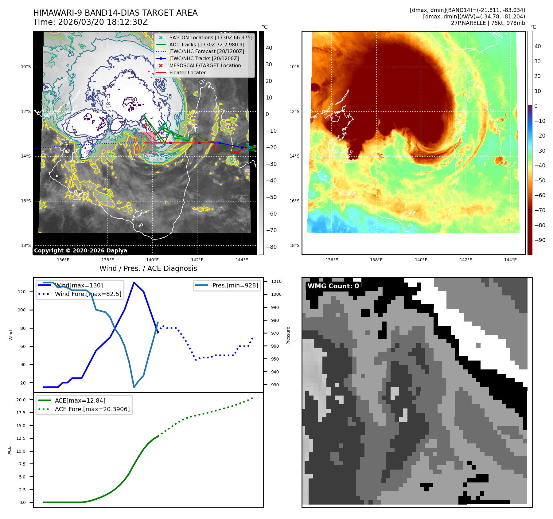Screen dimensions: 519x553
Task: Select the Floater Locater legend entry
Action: pos(187,72)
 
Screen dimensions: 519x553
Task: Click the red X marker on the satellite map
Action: pos(145,127)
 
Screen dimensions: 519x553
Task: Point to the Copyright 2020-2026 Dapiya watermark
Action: pos(80,251)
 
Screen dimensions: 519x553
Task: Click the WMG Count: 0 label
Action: pos(333,286)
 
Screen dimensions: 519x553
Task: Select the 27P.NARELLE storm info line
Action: pos(488,23)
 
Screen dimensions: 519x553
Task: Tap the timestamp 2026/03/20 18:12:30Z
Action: pos(103,22)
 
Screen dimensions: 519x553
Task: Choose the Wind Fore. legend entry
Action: pos(88,294)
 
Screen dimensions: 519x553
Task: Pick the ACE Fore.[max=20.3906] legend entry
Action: pos(92,409)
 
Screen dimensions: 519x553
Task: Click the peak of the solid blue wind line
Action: pos(134,282)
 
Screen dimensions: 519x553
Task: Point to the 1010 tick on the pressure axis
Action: pos(276,281)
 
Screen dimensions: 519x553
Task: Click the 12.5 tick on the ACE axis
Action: pos(21,438)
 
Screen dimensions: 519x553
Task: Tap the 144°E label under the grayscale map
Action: pos(242,260)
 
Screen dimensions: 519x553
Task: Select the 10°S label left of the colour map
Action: pos(294,67)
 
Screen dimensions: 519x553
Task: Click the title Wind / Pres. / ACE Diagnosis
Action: pos(148,268)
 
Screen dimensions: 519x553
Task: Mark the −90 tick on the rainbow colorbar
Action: pos(540,240)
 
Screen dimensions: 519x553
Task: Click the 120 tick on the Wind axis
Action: pos(22,292)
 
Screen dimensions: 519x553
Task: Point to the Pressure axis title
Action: pos(288,335)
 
